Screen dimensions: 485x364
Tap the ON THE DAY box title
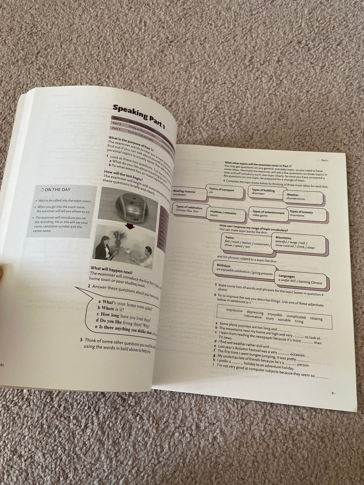click(x=58, y=190)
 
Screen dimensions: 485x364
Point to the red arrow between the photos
click(x=130, y=226)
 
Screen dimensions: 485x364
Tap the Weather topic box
click(x=303, y=196)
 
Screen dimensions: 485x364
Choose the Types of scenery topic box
click(x=306, y=213)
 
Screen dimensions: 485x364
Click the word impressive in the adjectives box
click(x=241, y=310)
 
